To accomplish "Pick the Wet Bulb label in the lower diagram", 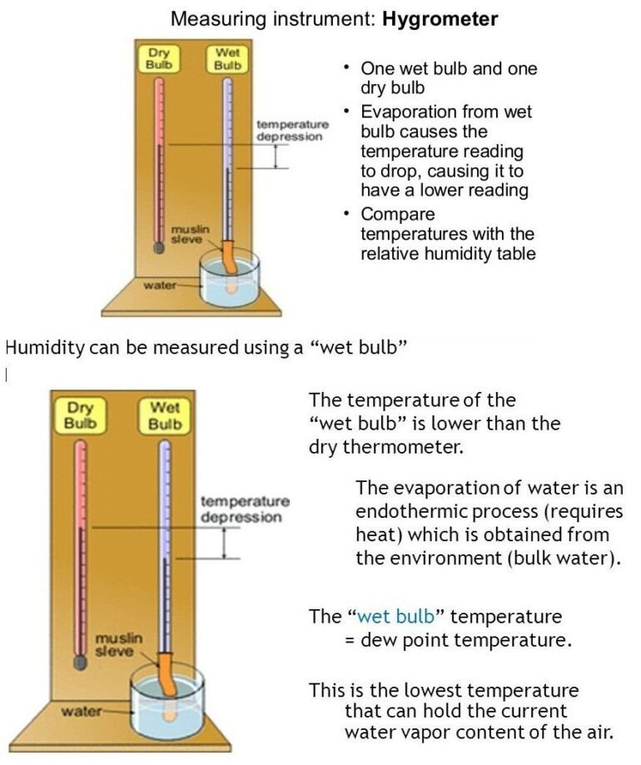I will [165, 415].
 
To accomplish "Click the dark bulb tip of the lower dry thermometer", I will [81, 662].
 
